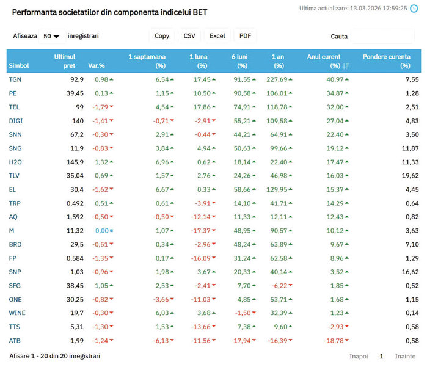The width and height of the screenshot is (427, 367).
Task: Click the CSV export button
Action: click(190, 36)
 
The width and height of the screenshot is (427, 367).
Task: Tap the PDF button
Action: click(245, 36)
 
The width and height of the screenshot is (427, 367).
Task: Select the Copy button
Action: click(162, 36)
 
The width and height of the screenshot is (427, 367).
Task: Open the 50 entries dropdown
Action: click(51, 36)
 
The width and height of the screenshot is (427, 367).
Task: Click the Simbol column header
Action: click(19, 65)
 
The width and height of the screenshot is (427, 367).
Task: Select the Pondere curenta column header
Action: click(386, 61)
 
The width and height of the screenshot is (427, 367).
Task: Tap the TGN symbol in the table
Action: click(15, 79)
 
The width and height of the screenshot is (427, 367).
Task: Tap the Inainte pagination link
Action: click(405, 356)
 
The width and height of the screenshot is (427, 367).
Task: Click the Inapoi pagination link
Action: click(359, 356)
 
